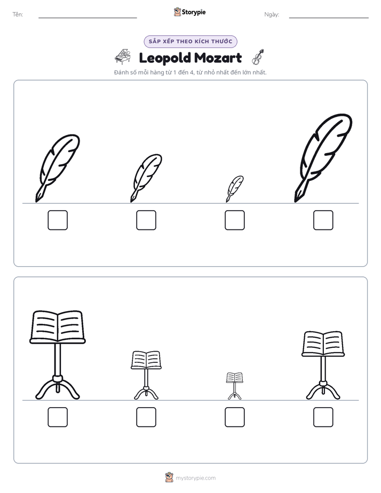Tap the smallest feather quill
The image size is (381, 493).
pyautogui.click(x=234, y=188)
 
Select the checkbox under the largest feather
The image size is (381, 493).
pyautogui.click(x=323, y=220)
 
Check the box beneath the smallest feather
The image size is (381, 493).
pyautogui.click(x=234, y=220)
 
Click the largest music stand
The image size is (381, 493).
pyautogui.click(x=58, y=355)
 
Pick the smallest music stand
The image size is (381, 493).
pyautogui.click(x=234, y=386)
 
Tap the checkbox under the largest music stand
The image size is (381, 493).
pyautogui.click(x=58, y=417)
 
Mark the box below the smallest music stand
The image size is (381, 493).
pyautogui.click(x=234, y=417)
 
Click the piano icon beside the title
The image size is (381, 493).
pyautogui.click(x=123, y=57)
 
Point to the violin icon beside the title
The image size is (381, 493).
pyautogui.click(x=258, y=57)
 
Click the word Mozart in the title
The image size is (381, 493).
pyautogui.click(x=218, y=58)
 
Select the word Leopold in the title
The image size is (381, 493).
pyautogui.click(x=165, y=58)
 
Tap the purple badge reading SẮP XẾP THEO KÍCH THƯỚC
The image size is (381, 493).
pyautogui.click(x=190, y=42)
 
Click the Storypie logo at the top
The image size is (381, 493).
pyautogui.click(x=189, y=12)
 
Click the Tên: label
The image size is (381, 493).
pyautogui.click(x=18, y=14)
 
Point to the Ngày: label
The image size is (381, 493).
pyautogui.click(x=272, y=14)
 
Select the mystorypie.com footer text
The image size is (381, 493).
pyautogui.click(x=195, y=478)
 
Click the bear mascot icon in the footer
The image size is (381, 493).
pyautogui.click(x=169, y=478)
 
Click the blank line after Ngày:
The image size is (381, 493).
pyautogui.click(x=329, y=18)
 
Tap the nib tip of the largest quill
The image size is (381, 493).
pyautogui.click(x=296, y=202)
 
